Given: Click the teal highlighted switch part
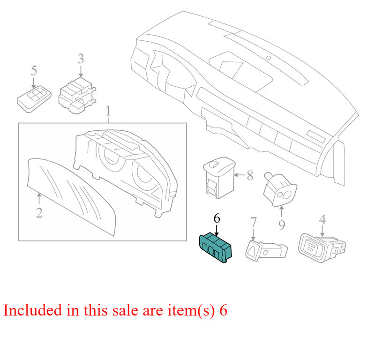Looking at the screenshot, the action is click(x=215, y=248).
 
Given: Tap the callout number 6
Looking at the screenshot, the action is click(x=217, y=218).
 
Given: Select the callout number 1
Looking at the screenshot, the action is click(x=108, y=112).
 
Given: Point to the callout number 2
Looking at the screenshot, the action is click(x=39, y=213).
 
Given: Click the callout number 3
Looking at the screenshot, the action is click(x=81, y=59).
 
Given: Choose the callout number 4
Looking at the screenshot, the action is click(x=322, y=219).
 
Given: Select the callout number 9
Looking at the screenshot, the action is click(x=282, y=225).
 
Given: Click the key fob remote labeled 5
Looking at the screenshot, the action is click(x=34, y=99).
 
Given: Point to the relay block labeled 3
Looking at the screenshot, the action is click(x=77, y=96).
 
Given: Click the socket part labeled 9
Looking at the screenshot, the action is click(x=280, y=189).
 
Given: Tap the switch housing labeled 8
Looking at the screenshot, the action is click(x=219, y=178).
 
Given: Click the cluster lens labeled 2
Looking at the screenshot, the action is click(x=71, y=196).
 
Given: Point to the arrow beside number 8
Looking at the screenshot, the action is click(x=240, y=175).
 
